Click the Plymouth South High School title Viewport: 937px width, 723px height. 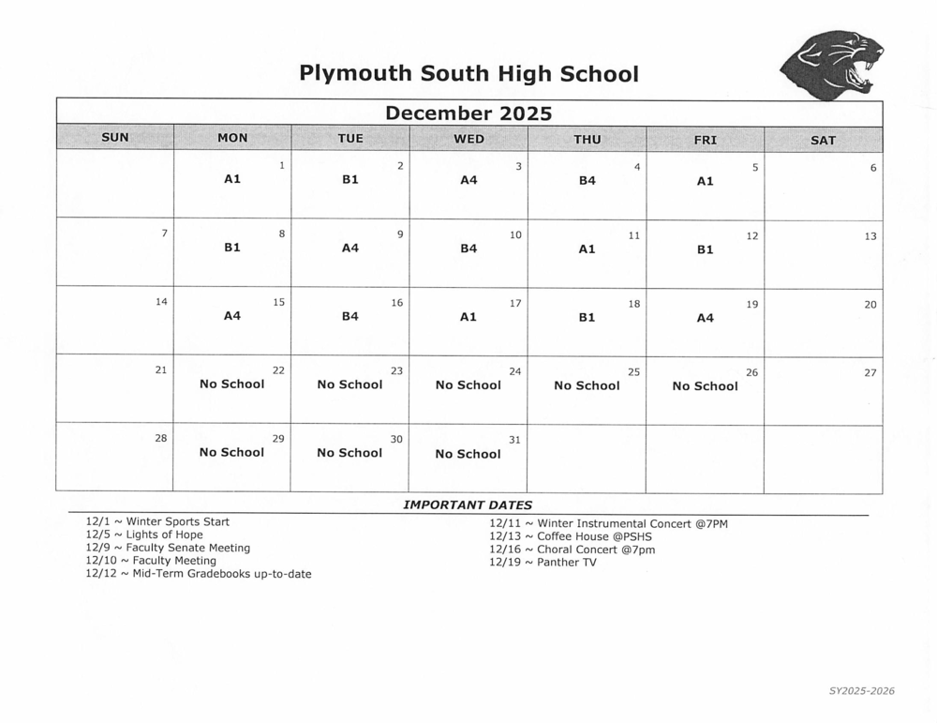[x=468, y=73]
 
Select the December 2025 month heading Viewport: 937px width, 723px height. [x=468, y=113]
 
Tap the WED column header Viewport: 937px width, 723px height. [x=468, y=139]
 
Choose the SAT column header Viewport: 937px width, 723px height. [x=823, y=140]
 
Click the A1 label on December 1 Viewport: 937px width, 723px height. [x=232, y=178]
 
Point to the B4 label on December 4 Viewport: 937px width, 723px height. [x=587, y=180]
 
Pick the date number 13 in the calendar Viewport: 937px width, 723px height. [x=870, y=236]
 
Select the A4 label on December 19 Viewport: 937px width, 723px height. [x=705, y=318]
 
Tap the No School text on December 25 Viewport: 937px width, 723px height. [x=587, y=385]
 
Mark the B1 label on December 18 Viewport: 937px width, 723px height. [x=587, y=317]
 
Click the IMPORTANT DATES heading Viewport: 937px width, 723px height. [x=468, y=505]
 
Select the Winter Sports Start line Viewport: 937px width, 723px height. [x=157, y=521]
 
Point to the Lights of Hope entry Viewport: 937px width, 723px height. [x=144, y=535]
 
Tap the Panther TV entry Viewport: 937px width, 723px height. [x=543, y=563]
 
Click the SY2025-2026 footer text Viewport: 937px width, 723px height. [x=861, y=691]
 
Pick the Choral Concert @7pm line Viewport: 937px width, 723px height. [x=573, y=550]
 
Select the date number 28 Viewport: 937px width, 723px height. [x=161, y=438]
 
